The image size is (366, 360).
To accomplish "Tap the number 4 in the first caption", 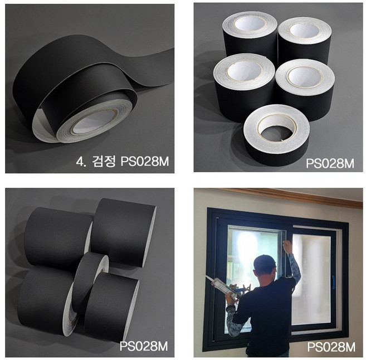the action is point(80,162).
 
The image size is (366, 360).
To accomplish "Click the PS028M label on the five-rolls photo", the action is point(330,163).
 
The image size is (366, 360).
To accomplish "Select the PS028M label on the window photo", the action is point(331,347).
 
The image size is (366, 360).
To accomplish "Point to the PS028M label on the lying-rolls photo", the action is point(144,346).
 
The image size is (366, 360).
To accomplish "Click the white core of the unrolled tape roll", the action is point(94,122).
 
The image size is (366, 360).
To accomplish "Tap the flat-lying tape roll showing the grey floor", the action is point(277,135).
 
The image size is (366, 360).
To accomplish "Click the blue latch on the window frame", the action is point(333,279).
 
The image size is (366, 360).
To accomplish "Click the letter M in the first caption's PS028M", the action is point(163,162).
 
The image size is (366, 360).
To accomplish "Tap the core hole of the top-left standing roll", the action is point(250,23).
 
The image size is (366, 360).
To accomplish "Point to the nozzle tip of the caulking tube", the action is point(206,276).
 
